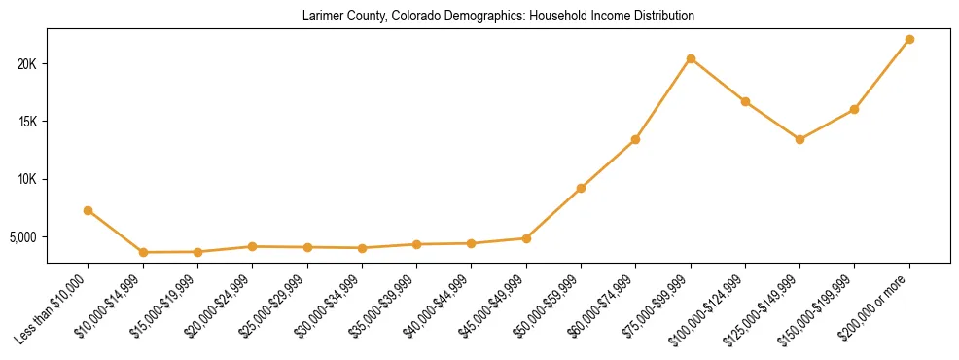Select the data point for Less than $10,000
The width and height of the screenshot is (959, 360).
pos(89,210)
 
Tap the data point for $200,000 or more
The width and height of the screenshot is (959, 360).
pos(909,39)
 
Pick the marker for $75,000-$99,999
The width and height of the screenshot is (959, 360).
pos(691,58)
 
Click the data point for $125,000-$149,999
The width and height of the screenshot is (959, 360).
pos(799,139)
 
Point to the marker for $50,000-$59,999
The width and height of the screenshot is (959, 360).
pos(581,188)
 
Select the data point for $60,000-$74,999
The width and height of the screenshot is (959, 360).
pos(635,139)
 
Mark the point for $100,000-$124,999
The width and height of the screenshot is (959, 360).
pos(745,101)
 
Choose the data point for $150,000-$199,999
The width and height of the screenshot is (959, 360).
pos(854,109)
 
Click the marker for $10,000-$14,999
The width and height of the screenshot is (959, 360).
pos(143,252)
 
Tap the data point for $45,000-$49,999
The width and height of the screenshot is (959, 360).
pos(526,238)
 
